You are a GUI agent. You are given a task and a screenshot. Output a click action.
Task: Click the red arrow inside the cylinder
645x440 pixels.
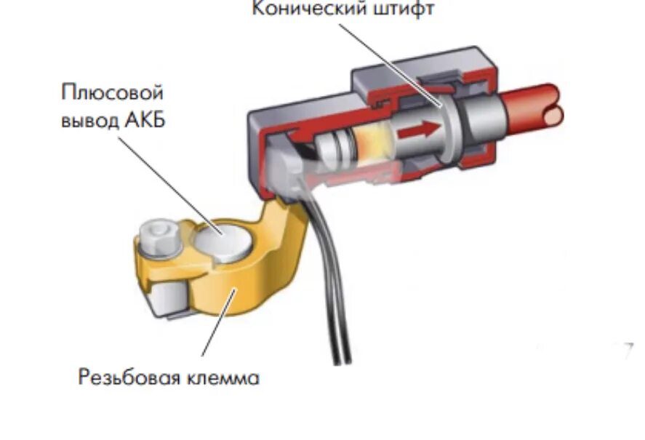pyautogui.click(x=421, y=129)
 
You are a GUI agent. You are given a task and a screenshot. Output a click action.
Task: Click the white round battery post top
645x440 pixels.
pyautogui.click(x=223, y=241)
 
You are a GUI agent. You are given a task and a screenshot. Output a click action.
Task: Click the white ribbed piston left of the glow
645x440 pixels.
pyautogui.click(x=334, y=149)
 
